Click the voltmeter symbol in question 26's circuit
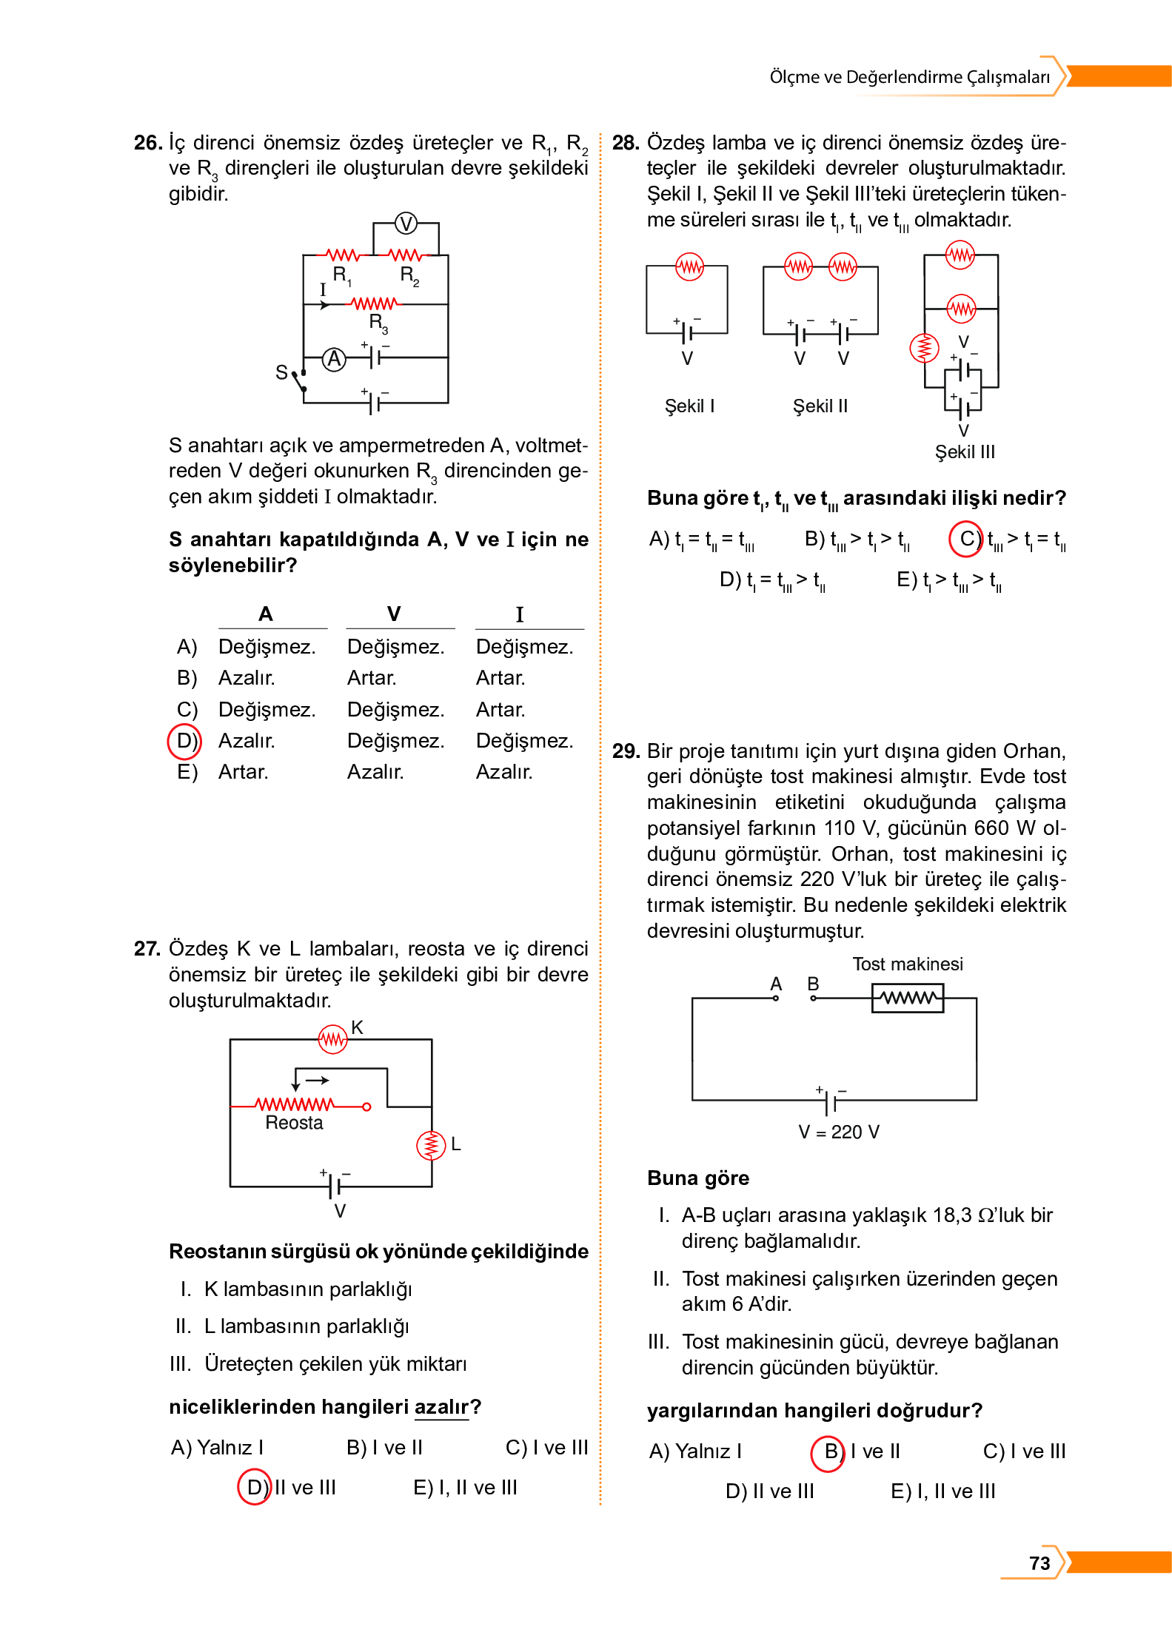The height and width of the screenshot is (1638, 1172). (406, 223)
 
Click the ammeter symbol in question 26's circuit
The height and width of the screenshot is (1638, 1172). (335, 359)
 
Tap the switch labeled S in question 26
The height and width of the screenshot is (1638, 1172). (298, 379)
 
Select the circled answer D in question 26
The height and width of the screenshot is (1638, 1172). (184, 741)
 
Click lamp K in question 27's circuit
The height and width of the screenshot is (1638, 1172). (332, 1039)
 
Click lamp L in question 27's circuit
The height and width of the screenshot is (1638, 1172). (431, 1145)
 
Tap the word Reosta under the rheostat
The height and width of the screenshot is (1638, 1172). (294, 1123)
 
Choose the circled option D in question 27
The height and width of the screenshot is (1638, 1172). (255, 1487)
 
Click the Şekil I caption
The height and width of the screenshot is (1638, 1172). (689, 406)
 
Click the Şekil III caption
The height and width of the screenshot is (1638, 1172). (965, 452)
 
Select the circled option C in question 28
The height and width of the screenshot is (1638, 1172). (966, 539)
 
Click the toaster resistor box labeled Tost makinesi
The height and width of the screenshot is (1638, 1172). (907, 998)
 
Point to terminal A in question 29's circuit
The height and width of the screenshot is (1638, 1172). (775, 997)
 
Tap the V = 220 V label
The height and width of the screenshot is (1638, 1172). (838, 1132)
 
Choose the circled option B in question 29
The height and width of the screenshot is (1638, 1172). (828, 1451)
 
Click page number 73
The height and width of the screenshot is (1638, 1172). (1039, 1563)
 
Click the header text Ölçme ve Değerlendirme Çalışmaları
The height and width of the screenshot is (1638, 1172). (909, 77)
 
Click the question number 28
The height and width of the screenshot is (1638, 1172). (626, 143)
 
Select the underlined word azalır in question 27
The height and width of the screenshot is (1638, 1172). (441, 1406)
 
